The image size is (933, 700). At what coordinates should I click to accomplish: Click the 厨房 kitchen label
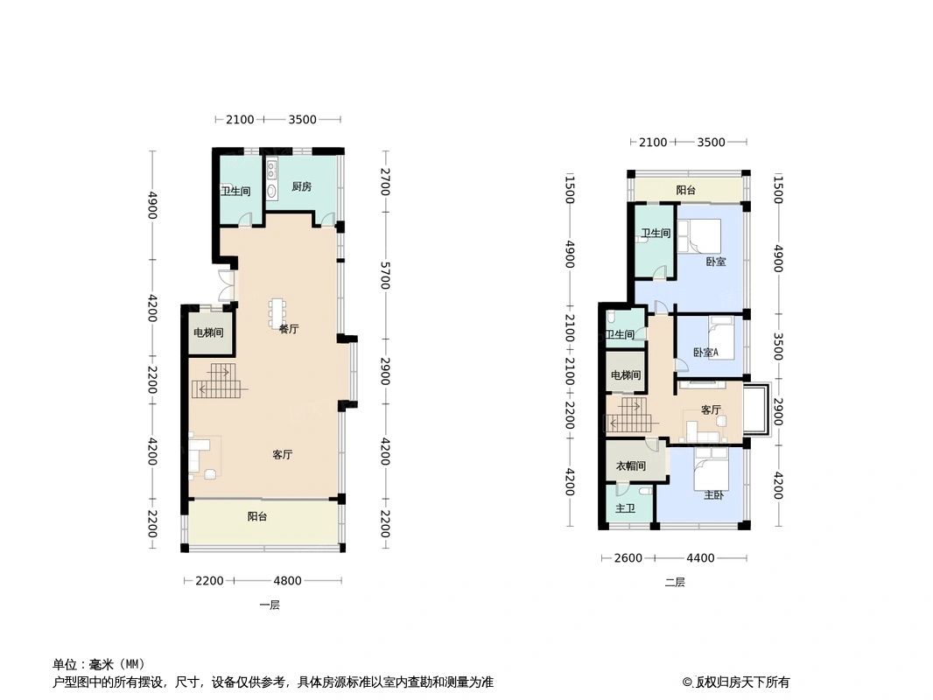302,186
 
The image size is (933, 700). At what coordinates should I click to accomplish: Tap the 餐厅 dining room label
289,329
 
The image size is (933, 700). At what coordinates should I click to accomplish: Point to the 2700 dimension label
385,181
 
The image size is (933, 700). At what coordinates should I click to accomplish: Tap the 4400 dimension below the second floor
700,558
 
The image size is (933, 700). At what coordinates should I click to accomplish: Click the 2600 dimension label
628,558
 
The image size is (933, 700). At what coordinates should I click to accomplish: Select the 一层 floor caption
270,605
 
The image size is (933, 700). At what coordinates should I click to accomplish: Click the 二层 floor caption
675,582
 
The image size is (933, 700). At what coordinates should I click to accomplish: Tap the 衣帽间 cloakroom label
629,466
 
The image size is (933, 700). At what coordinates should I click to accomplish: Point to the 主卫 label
625,508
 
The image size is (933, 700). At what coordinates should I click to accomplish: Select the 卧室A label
705,353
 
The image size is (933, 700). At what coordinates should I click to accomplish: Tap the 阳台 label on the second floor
686,190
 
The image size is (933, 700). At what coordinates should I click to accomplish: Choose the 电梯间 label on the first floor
208,332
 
